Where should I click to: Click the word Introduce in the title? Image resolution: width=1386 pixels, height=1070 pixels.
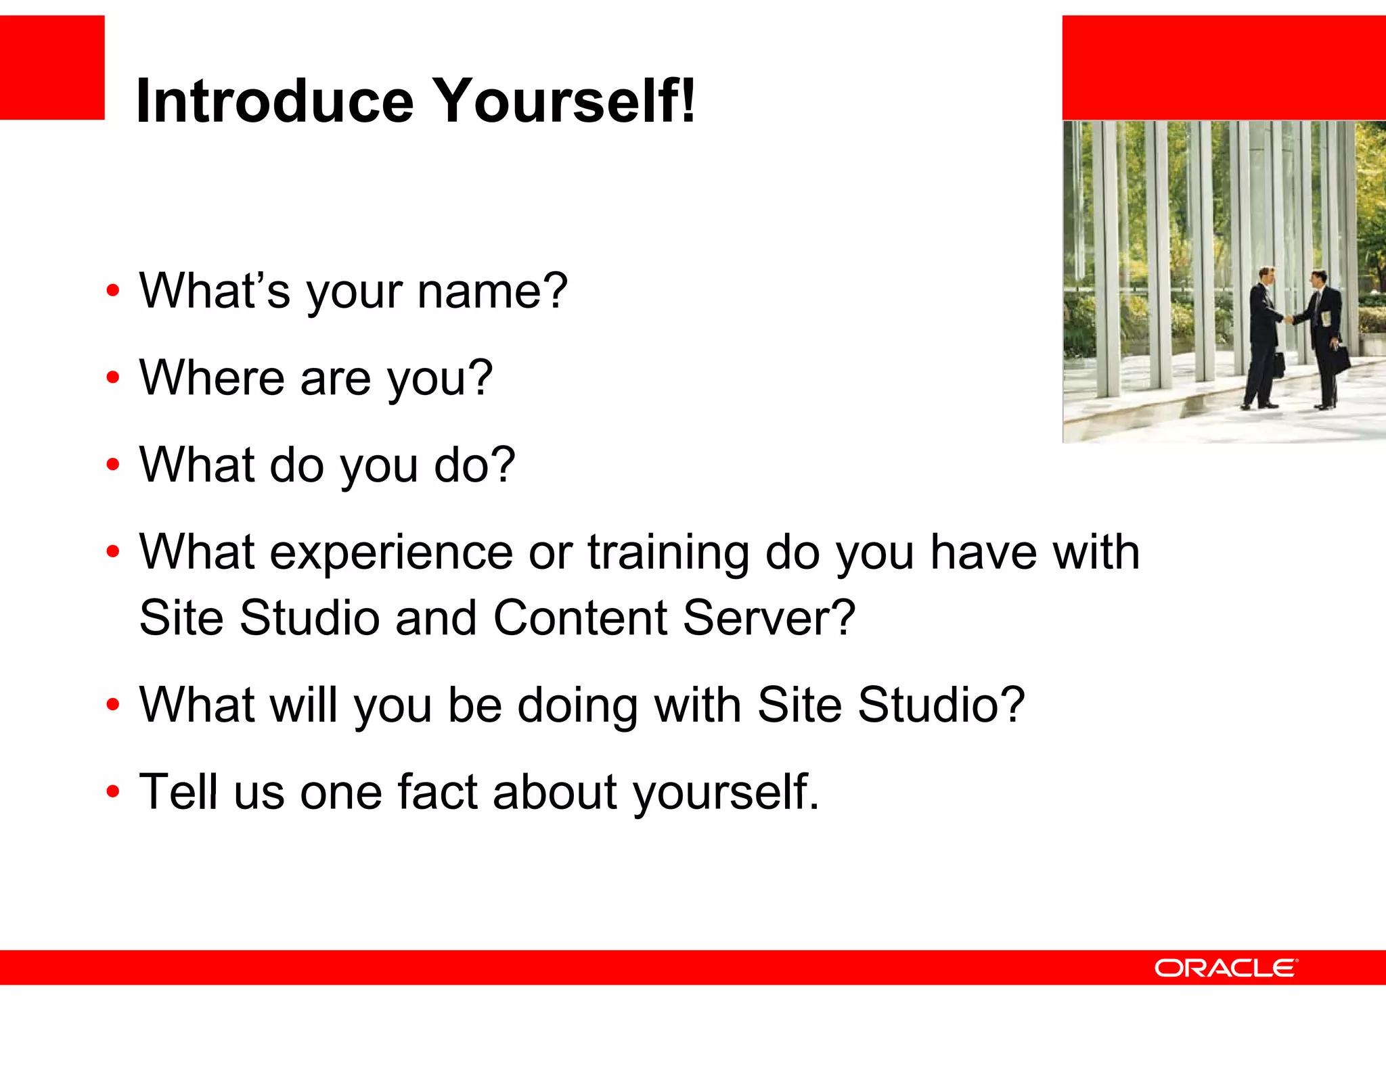pos(274,101)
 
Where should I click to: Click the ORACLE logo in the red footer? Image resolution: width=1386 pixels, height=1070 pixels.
pos(1226,968)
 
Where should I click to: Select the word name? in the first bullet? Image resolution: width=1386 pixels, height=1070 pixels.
pos(492,291)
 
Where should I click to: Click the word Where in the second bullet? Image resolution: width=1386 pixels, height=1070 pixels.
pos(212,377)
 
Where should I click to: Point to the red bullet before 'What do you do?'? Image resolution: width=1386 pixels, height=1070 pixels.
pos(113,465)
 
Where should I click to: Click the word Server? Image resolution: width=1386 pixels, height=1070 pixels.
pos(769,618)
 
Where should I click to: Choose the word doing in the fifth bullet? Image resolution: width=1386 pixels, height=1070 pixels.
pos(577,705)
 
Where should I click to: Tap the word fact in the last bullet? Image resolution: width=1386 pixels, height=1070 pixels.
pos(437,791)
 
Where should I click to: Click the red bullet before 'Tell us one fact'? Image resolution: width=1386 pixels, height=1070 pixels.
pos(113,791)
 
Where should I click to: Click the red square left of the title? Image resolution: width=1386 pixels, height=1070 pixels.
pos(52,68)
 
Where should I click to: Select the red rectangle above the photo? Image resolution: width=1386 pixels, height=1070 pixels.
pos(1224,68)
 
